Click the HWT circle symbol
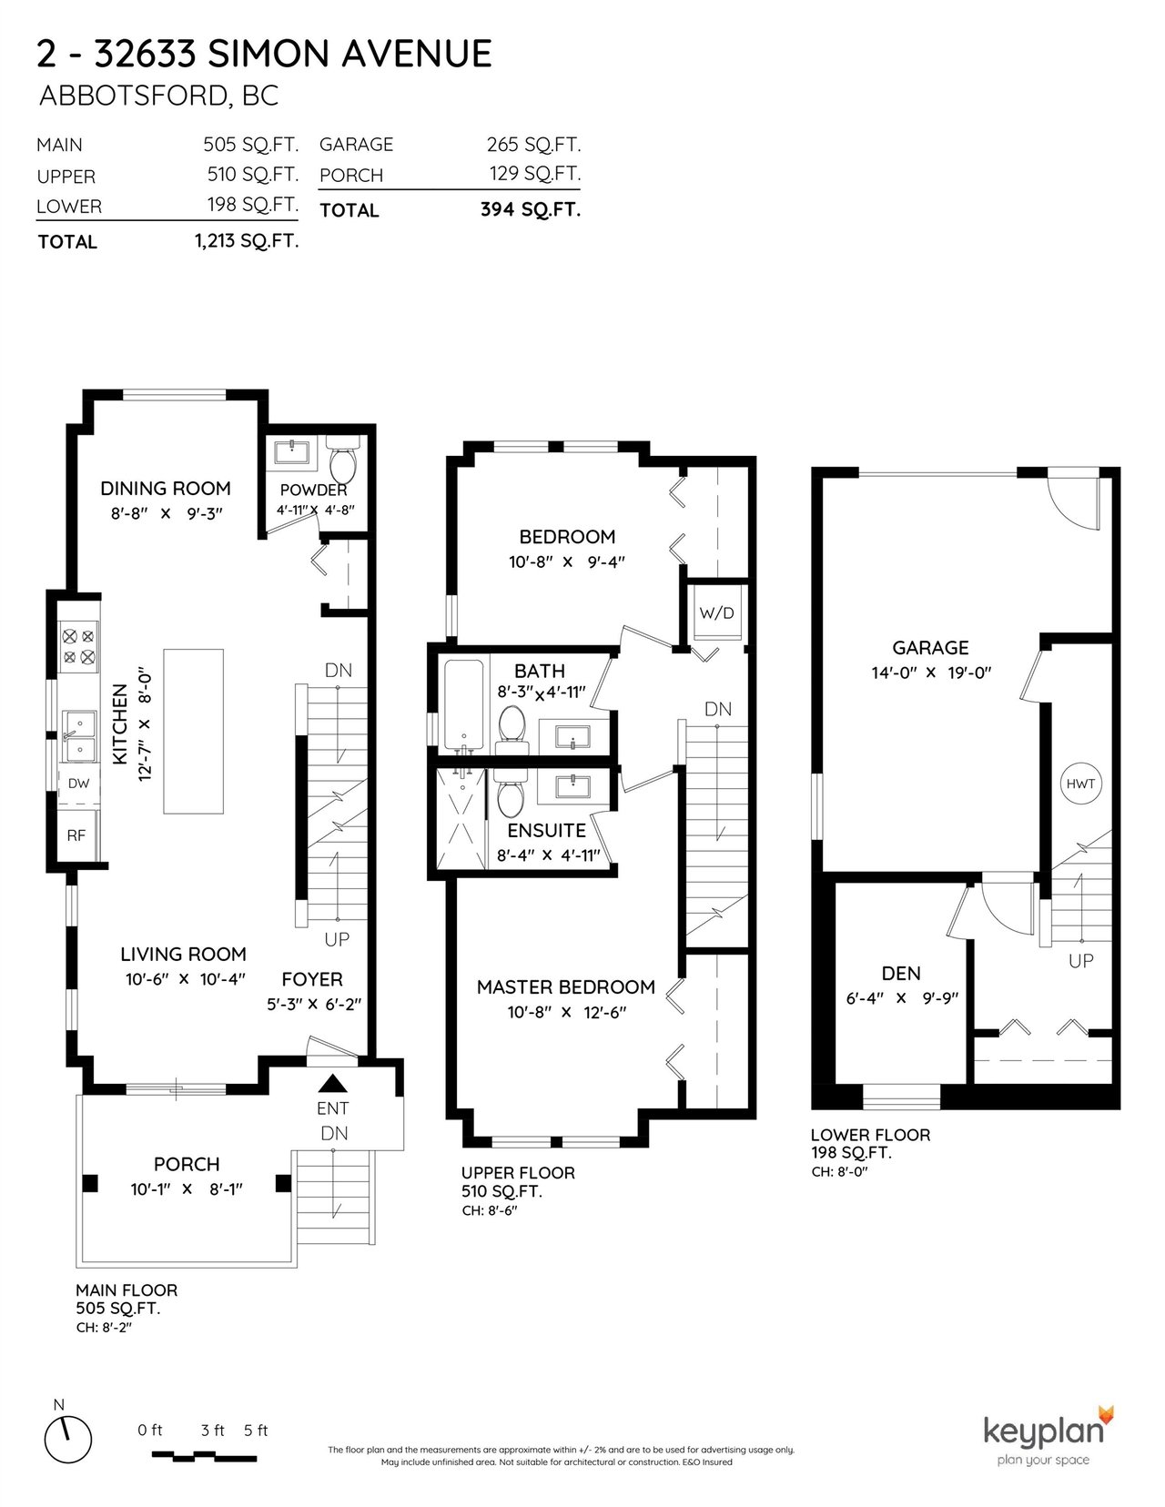(1079, 784)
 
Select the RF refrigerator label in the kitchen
(76, 835)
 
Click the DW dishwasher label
(78, 784)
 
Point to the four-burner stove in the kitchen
(78, 646)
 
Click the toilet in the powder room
(342, 460)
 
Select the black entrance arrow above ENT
(332, 1084)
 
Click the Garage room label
(930, 648)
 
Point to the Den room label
(901, 974)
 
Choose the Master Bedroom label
(566, 986)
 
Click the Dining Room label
(165, 489)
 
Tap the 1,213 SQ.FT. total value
(247, 241)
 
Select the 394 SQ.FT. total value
(531, 209)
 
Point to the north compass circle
(68, 1439)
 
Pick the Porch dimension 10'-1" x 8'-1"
(187, 1189)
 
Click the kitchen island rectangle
(194, 731)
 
